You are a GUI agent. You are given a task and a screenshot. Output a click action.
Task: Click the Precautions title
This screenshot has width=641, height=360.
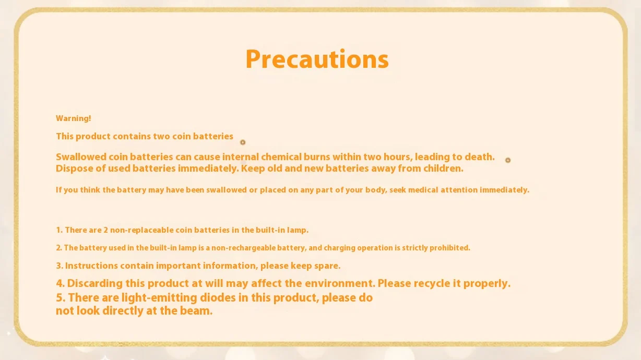coord(317,59)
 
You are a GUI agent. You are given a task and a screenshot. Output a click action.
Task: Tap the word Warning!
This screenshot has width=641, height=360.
coord(73,118)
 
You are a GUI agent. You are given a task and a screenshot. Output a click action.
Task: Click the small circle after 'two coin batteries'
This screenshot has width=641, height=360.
coord(243,142)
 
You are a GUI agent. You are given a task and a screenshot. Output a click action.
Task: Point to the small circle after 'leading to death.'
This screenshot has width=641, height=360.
coord(508,160)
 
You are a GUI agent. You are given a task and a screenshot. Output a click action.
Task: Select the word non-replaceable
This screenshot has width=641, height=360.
coord(141,230)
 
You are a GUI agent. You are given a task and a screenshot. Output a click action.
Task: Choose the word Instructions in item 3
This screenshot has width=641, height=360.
coord(91,266)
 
